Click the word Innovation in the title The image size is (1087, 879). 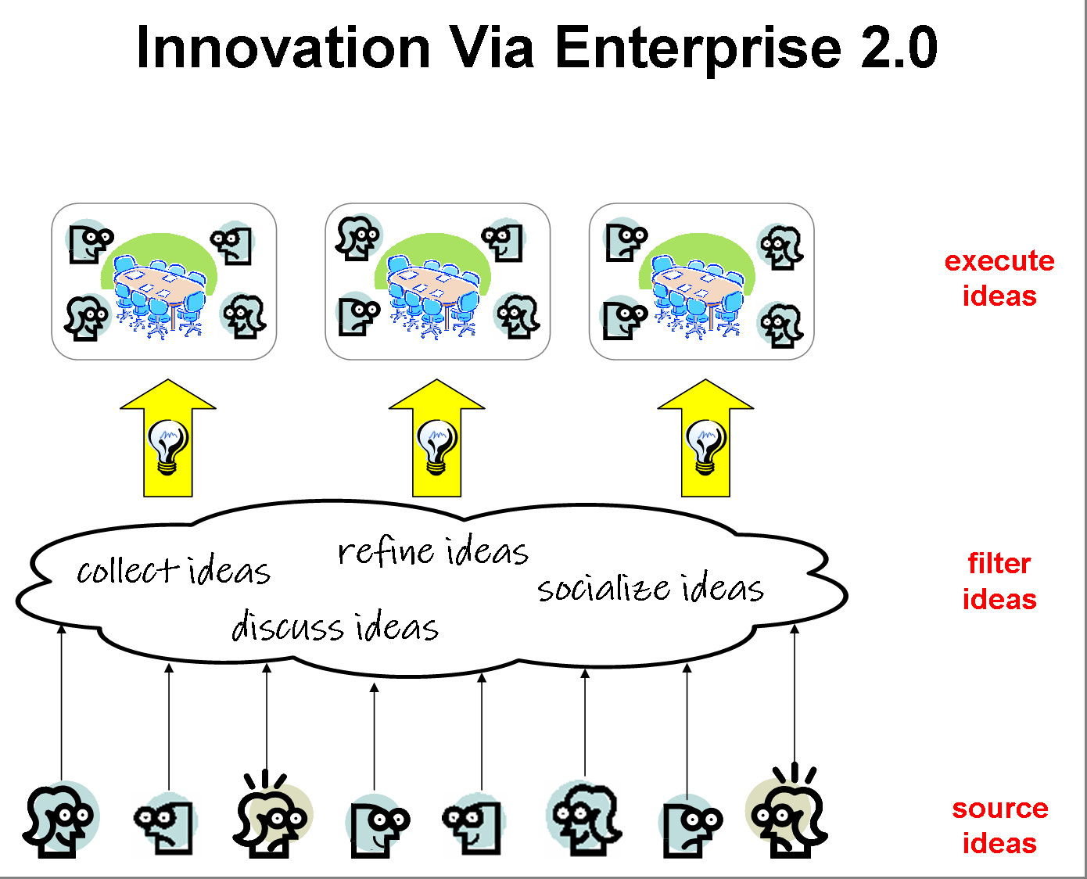[x=283, y=48]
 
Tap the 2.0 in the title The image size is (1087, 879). [x=899, y=48]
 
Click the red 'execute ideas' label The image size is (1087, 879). [x=999, y=278]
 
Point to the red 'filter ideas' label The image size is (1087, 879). [x=999, y=581]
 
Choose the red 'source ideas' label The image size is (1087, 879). [x=999, y=826]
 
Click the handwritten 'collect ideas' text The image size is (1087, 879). [x=174, y=570]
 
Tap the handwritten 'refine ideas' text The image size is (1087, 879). [x=433, y=551]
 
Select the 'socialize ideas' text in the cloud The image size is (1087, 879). [x=651, y=589]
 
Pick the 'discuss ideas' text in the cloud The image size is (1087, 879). [x=335, y=626]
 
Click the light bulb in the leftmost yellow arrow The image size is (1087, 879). [x=168, y=447]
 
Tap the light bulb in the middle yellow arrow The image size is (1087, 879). [x=437, y=447]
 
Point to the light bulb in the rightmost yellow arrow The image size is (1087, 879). [x=706, y=447]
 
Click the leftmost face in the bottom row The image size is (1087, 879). [x=60, y=820]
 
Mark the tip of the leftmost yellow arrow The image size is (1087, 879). [x=168, y=379]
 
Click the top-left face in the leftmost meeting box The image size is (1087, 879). [x=90, y=242]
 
